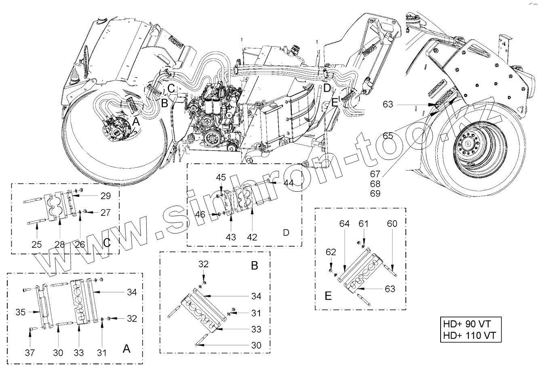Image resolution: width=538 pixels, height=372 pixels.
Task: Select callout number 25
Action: click(37, 245)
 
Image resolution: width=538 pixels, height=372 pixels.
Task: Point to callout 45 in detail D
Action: click(221, 178)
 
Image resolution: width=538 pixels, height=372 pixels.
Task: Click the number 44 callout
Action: click(288, 183)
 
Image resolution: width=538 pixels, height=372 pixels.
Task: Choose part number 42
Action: click(252, 237)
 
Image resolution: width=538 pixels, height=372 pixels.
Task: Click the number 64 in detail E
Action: click(344, 224)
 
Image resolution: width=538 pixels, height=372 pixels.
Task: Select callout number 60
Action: click(392, 224)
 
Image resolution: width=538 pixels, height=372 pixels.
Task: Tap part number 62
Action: click(331, 253)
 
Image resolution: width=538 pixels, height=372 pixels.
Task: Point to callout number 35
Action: click(21, 312)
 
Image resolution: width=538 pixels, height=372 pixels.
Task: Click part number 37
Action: click(30, 353)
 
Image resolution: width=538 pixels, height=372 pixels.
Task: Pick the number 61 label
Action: click(364, 224)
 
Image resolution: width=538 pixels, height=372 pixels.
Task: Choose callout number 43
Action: click(230, 237)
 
